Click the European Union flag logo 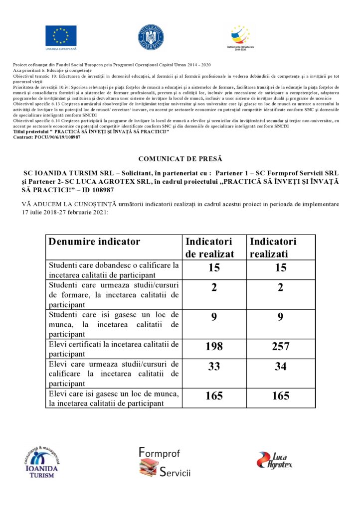pyautogui.click(x=61, y=36)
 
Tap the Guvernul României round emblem pyautogui.click(x=151, y=37)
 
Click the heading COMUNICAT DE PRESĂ pyautogui.click(x=180, y=159)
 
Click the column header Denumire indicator pyautogui.click(x=94, y=242)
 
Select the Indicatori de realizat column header pyautogui.click(x=209, y=248)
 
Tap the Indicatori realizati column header pyautogui.click(x=273, y=248)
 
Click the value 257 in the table pyautogui.click(x=281, y=347)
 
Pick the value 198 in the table pyautogui.click(x=214, y=347)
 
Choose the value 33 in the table pyautogui.click(x=214, y=367)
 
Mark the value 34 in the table pyautogui.click(x=281, y=367)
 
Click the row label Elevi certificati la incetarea pyautogui.click(x=113, y=344)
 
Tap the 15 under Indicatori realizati pyautogui.click(x=281, y=267)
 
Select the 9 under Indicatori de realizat pyautogui.click(x=214, y=316)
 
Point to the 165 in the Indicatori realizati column pyautogui.click(x=281, y=396)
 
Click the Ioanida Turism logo pyautogui.click(x=41, y=460)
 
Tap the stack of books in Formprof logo pyautogui.click(x=149, y=467)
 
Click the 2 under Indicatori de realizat pyautogui.click(x=214, y=287)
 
